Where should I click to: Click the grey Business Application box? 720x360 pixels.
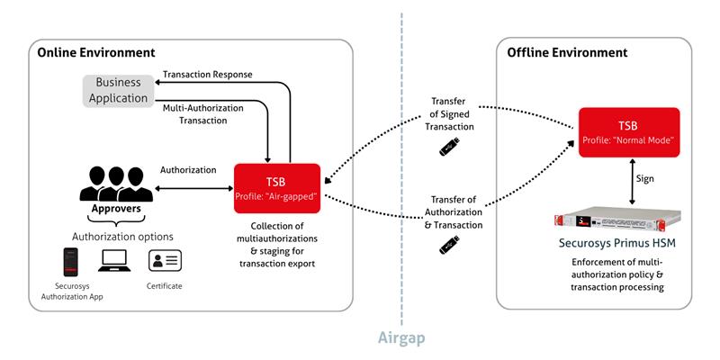119,91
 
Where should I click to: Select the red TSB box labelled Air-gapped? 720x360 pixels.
277,188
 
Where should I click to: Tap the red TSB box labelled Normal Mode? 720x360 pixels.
628,132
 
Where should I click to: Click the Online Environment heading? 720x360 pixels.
96,53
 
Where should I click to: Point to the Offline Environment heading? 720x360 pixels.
567,53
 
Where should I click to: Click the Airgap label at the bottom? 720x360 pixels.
401,338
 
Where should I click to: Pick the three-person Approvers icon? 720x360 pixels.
116,184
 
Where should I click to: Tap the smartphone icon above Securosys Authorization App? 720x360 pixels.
70,262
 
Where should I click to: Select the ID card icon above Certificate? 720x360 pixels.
165,261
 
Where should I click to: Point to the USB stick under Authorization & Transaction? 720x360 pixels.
449,244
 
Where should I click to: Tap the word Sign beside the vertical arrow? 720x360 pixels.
645,178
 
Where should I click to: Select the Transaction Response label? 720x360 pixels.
208,75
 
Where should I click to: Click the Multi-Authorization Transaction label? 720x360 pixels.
203,114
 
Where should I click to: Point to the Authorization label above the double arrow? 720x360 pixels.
188,170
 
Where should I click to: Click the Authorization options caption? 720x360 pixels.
122,237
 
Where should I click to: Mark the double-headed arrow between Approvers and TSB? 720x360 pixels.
194,188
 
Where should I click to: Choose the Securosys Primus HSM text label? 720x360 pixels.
617,243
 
